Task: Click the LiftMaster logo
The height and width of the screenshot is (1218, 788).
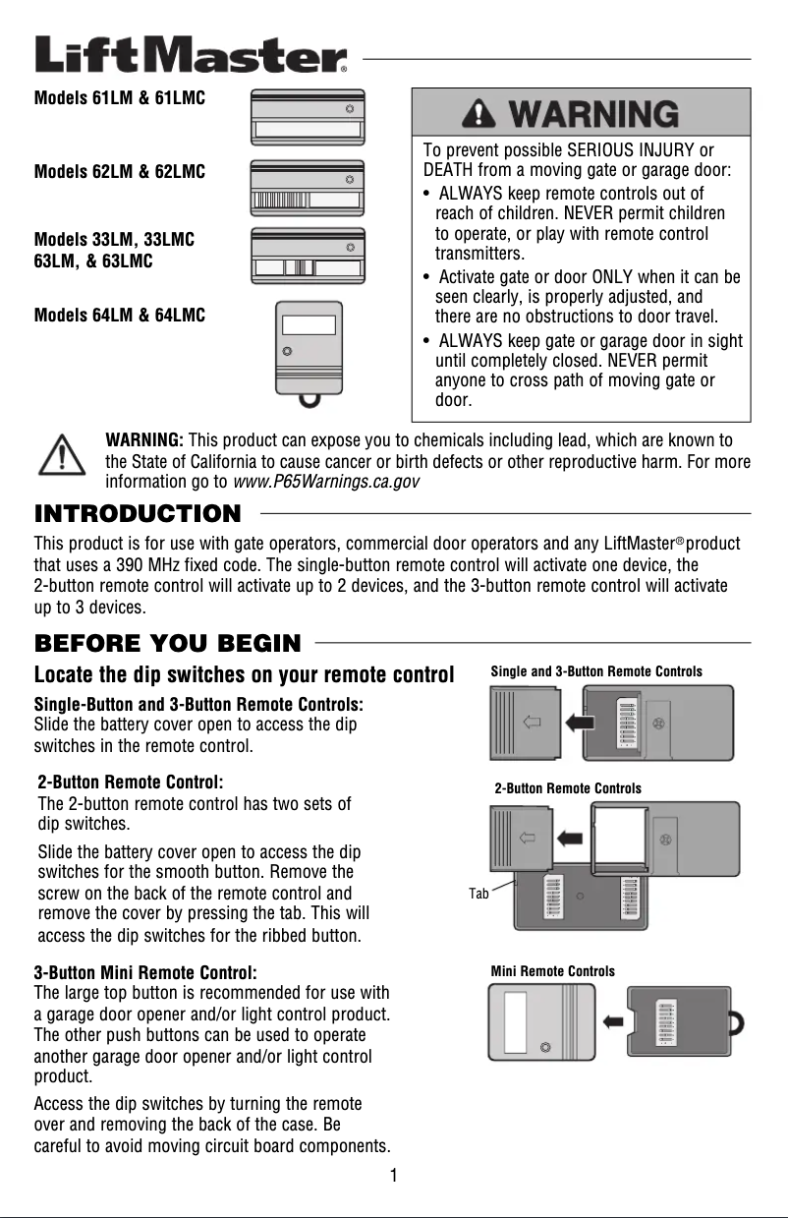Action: (191, 55)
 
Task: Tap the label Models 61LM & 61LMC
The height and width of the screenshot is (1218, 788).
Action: (120, 99)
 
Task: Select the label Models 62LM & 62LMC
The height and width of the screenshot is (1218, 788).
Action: (120, 172)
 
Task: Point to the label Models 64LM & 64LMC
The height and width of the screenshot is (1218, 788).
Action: (120, 316)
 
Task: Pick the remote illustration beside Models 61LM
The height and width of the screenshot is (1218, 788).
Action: (308, 117)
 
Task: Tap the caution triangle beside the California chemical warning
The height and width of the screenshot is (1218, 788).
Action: (62, 455)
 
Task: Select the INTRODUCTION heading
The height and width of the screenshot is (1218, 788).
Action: (138, 514)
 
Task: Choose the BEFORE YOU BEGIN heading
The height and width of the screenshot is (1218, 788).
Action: (168, 644)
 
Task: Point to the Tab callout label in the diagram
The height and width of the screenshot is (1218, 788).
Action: (478, 893)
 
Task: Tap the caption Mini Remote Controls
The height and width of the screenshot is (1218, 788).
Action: (552, 971)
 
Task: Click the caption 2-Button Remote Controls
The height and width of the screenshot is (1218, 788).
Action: (568, 788)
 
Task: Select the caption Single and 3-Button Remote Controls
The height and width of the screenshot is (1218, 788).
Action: (596, 671)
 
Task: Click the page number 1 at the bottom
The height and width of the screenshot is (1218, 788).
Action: (393, 1176)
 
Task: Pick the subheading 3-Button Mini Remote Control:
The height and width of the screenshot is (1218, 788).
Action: (145, 972)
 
